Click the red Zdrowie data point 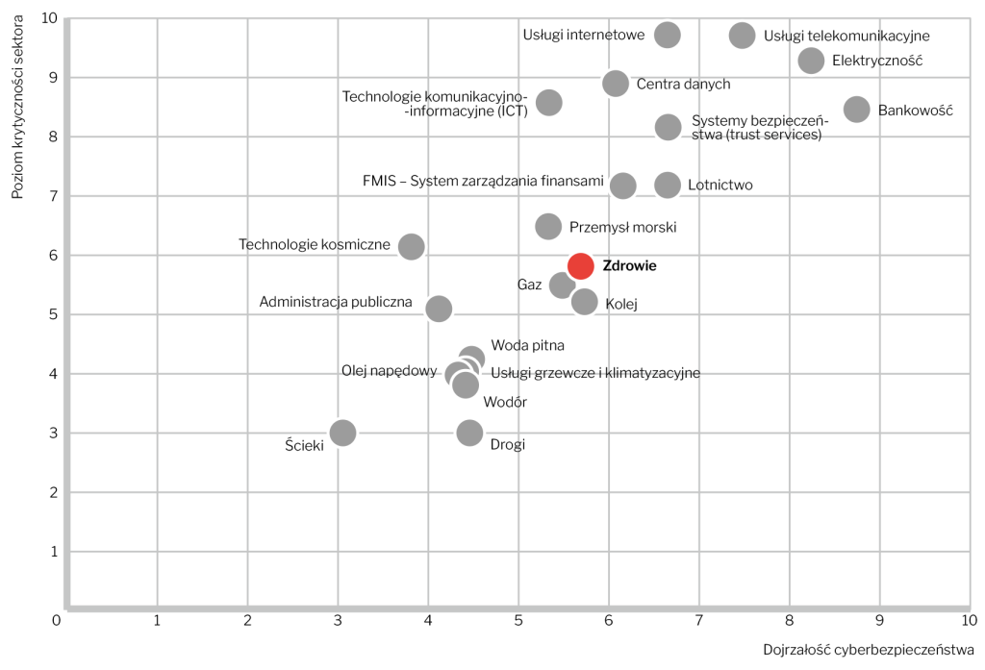pyautogui.click(x=580, y=266)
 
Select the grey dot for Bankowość pyautogui.click(x=856, y=110)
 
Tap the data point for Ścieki pyautogui.click(x=342, y=433)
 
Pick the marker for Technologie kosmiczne pyautogui.click(x=412, y=247)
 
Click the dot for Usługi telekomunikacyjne pyautogui.click(x=742, y=36)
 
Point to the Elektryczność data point pyautogui.click(x=811, y=61)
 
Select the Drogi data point pyautogui.click(x=469, y=433)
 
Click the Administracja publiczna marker pyautogui.click(x=439, y=309)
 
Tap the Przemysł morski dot pyautogui.click(x=548, y=227)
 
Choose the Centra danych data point pyautogui.click(x=615, y=84)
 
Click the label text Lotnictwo pyautogui.click(x=720, y=186)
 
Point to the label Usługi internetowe pyautogui.click(x=583, y=36)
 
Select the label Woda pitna pyautogui.click(x=527, y=345)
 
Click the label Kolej pyautogui.click(x=621, y=305)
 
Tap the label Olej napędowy pyautogui.click(x=390, y=371)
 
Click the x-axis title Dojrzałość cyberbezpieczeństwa pyautogui.click(x=869, y=648)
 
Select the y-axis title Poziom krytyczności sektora pyautogui.click(x=18, y=106)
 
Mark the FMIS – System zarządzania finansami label pyautogui.click(x=483, y=181)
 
